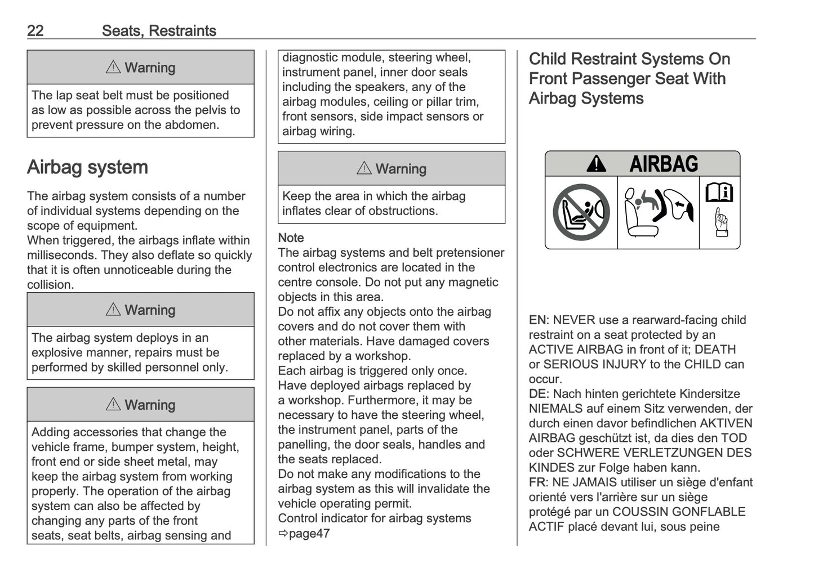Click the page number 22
click(x=35, y=30)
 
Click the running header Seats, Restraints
click(x=159, y=30)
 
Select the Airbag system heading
click(x=87, y=167)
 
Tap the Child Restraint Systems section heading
click(x=629, y=78)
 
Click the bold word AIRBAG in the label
click(x=664, y=164)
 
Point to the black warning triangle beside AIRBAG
click(x=596, y=164)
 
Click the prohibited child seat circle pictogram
click(x=581, y=212)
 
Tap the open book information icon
click(x=719, y=193)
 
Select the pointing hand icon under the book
click(x=720, y=223)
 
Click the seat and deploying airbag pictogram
click(x=658, y=212)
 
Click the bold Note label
click(x=291, y=238)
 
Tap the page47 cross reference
click(x=304, y=533)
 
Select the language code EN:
click(x=538, y=320)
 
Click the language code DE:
click(x=538, y=393)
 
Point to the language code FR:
click(x=538, y=482)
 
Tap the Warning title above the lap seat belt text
click(x=141, y=68)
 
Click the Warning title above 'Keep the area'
click(x=392, y=168)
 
